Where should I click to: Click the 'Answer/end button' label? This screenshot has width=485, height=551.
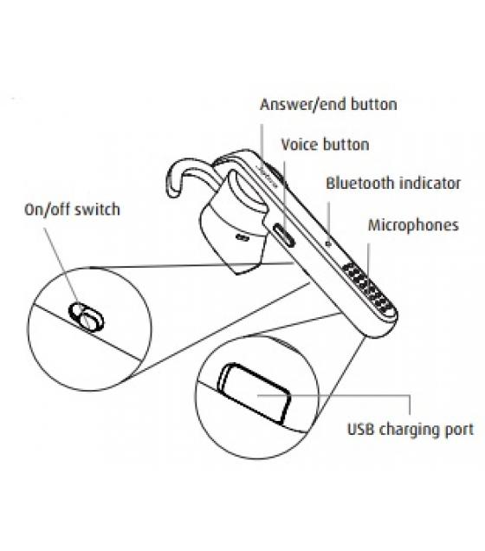[328, 104]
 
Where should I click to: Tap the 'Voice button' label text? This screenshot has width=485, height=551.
[325, 145]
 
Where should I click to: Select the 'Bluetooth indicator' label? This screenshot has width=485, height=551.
[393, 183]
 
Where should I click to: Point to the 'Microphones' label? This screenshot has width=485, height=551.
[413, 225]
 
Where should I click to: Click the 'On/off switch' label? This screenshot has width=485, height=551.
[73, 210]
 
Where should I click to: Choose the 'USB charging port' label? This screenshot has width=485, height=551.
[411, 430]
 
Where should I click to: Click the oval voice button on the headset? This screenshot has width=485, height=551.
[284, 235]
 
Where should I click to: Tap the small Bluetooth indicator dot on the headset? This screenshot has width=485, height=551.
[328, 243]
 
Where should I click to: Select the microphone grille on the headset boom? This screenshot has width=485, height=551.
[367, 288]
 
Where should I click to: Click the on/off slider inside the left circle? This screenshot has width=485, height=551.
[87, 316]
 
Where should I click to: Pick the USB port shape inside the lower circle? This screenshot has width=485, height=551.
[255, 392]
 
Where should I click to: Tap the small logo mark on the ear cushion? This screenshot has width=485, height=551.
[242, 237]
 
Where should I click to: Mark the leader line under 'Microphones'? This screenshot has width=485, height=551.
[368, 260]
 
